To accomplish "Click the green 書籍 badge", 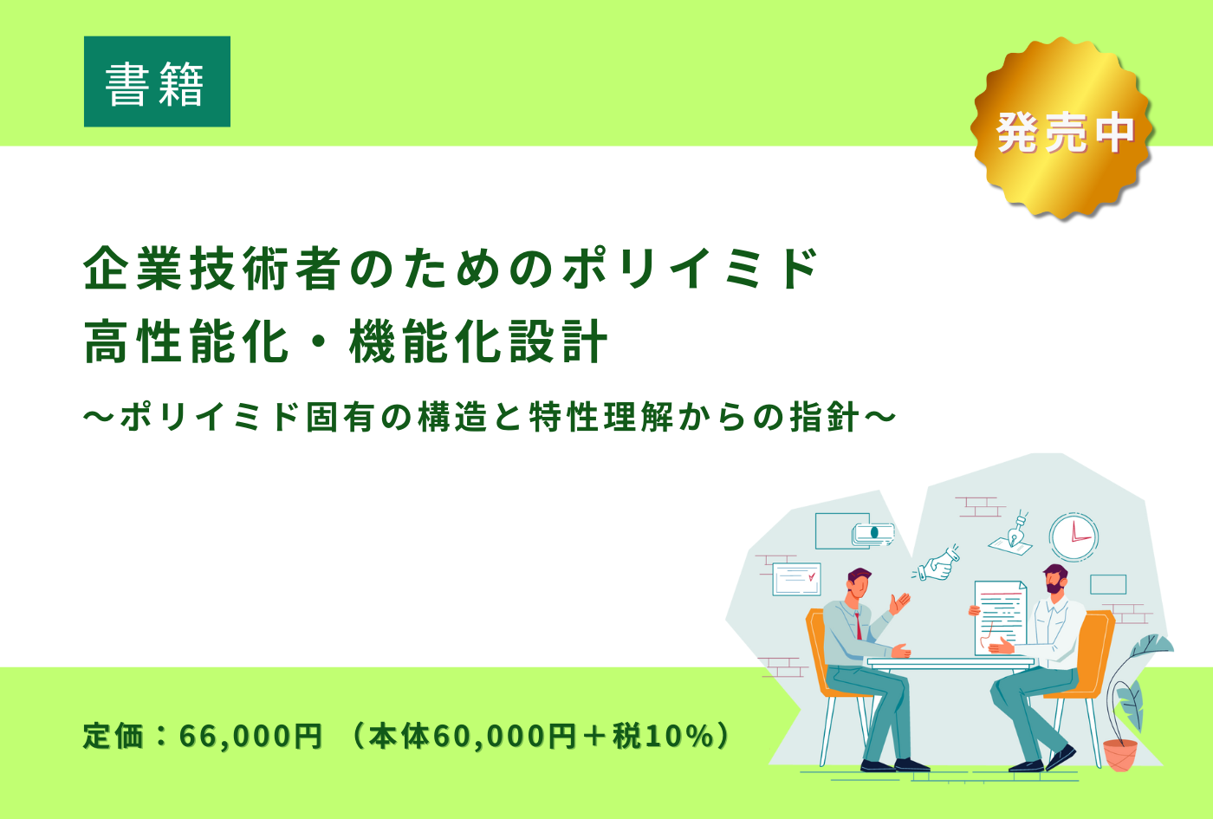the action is [x=157, y=81].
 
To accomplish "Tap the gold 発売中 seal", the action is [x=1062, y=128].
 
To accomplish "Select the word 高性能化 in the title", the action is [x=186, y=341].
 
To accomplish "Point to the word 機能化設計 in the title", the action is [x=478, y=341].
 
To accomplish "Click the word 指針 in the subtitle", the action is [x=824, y=418].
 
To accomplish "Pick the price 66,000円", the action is [x=250, y=737].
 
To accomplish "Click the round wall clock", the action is [x=1074, y=537].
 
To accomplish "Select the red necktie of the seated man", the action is [x=858, y=627].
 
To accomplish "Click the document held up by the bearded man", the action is [x=1000, y=618].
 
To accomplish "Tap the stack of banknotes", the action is [x=873, y=534].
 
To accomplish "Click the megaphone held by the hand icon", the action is [x=950, y=556].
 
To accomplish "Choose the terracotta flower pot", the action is [x=1120, y=755].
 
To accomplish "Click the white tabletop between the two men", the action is [x=950, y=661].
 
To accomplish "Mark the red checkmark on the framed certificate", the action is [x=812, y=577].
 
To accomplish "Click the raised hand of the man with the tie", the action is [x=900, y=601].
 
